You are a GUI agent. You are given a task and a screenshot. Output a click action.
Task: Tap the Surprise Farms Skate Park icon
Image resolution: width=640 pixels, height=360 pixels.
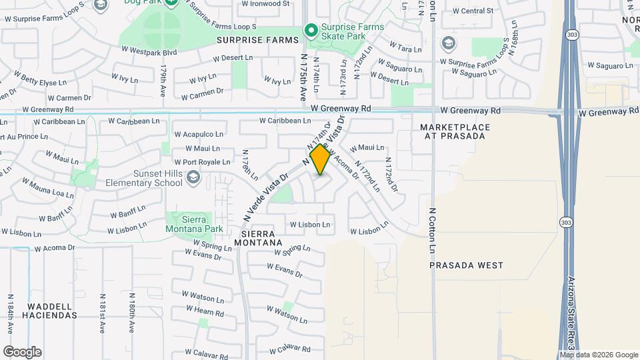click(x=310, y=30)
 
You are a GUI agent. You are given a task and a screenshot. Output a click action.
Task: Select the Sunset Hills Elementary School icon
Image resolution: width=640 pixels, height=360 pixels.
click(x=193, y=177)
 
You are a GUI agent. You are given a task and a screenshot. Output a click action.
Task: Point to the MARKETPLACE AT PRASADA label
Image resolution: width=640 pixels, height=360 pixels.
click(x=455, y=131)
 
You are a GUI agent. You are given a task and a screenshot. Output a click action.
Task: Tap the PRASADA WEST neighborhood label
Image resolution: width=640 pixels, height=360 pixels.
click(x=466, y=265)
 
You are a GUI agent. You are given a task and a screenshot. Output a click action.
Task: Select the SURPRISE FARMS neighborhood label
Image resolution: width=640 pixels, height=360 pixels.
click(x=258, y=41)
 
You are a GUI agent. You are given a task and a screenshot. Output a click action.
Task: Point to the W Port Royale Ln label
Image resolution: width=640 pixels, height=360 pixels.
click(x=202, y=162)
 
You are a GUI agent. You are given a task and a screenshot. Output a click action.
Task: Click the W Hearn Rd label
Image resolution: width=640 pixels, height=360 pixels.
click(x=205, y=311)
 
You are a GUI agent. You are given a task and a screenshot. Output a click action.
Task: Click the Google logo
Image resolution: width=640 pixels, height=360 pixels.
click(x=22, y=352)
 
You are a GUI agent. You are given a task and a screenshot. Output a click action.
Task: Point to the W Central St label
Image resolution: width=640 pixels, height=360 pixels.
click(x=472, y=11)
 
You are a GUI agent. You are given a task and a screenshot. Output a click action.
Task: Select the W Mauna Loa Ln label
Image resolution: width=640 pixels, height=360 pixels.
click(x=47, y=188)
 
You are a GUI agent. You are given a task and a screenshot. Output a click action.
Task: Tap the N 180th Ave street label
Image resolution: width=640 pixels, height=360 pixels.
click(x=131, y=312)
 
